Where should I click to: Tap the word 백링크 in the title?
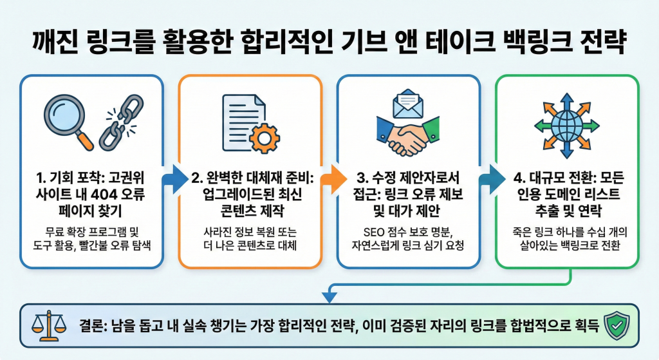pyautogui.click(x=537, y=46)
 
